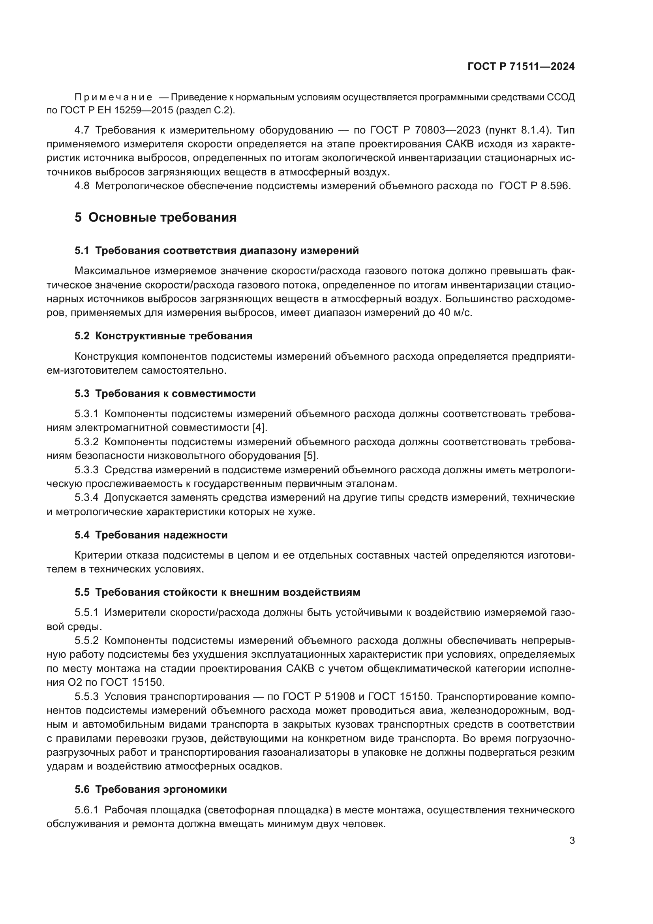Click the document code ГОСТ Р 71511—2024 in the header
tap(521, 67)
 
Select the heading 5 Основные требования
tap(156, 218)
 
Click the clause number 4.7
tap(82, 130)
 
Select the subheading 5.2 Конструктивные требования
tap(163, 336)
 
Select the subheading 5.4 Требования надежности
tap(151, 535)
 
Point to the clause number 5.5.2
tap(86, 641)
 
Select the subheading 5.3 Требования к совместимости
tap(165, 393)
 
